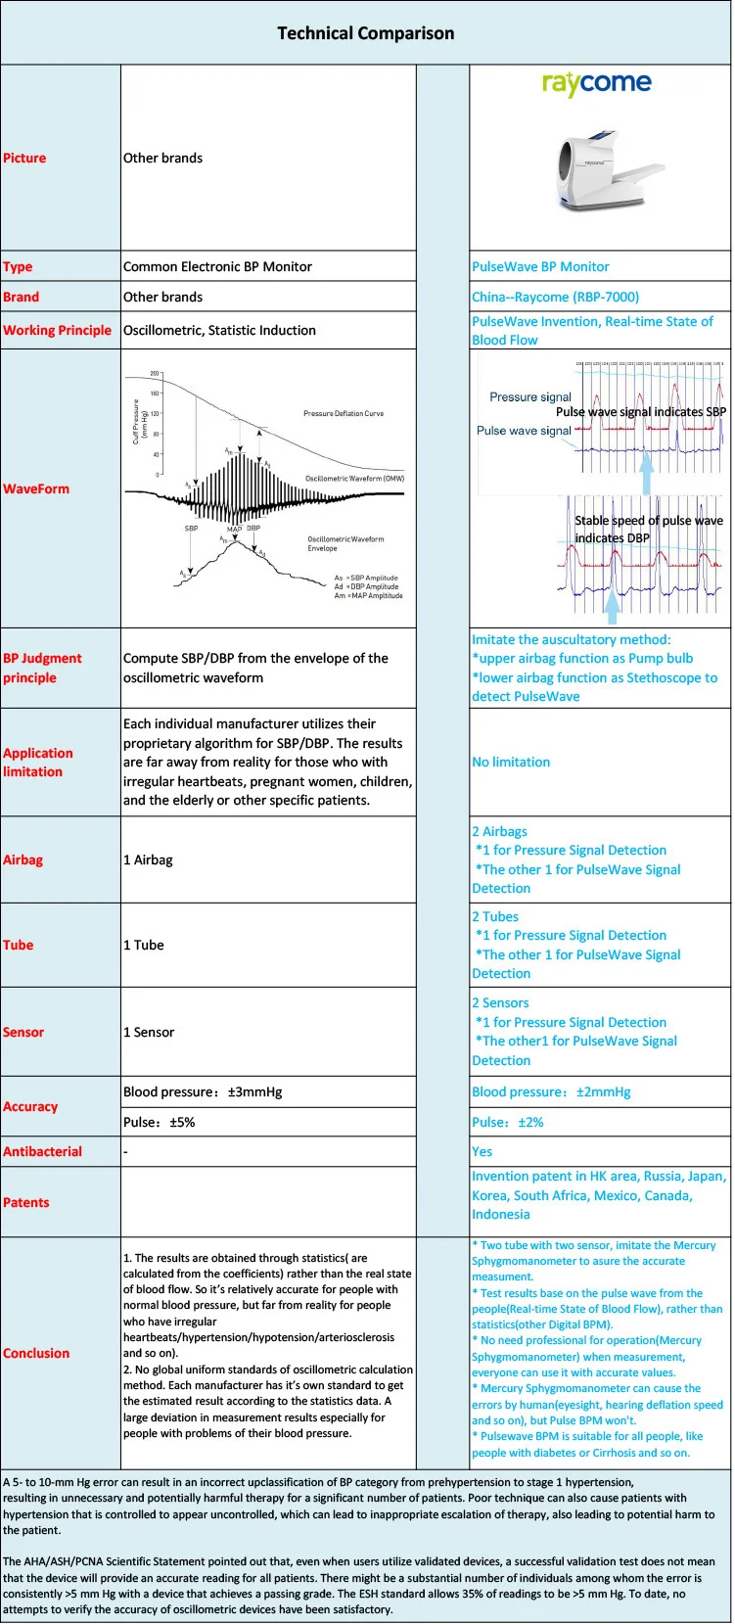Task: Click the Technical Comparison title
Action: tap(365, 33)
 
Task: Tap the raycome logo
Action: tap(596, 84)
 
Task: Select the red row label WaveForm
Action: tap(36, 488)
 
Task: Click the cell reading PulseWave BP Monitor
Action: tap(540, 266)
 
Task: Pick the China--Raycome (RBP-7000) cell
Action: tap(555, 297)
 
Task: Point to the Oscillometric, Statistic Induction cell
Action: tap(219, 330)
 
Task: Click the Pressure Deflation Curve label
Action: tap(343, 414)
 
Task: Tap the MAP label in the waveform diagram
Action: tap(234, 529)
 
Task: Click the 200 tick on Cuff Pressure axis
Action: tap(155, 374)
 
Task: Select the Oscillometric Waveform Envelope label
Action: tap(345, 543)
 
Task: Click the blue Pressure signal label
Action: tap(529, 396)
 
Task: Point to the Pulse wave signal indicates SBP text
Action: tap(640, 412)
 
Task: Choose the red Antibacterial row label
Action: tap(42, 1151)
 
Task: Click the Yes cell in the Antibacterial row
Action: tap(482, 1151)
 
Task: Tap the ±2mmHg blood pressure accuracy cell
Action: tap(551, 1091)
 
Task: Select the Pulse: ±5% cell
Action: tap(159, 1122)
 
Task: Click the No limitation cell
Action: tap(511, 762)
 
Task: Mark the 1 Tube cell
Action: tap(143, 945)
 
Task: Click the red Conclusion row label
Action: tap(36, 1353)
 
